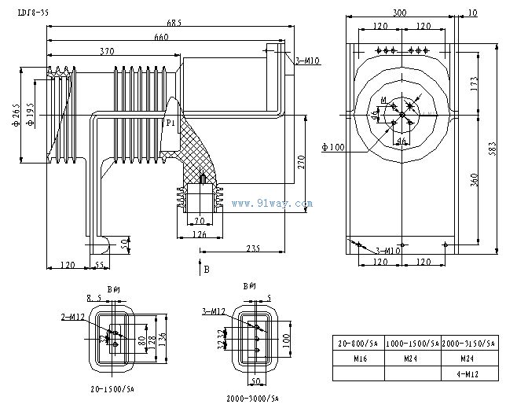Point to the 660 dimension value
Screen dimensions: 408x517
162,37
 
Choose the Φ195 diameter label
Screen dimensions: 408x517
29,114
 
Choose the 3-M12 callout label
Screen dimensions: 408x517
213,311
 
